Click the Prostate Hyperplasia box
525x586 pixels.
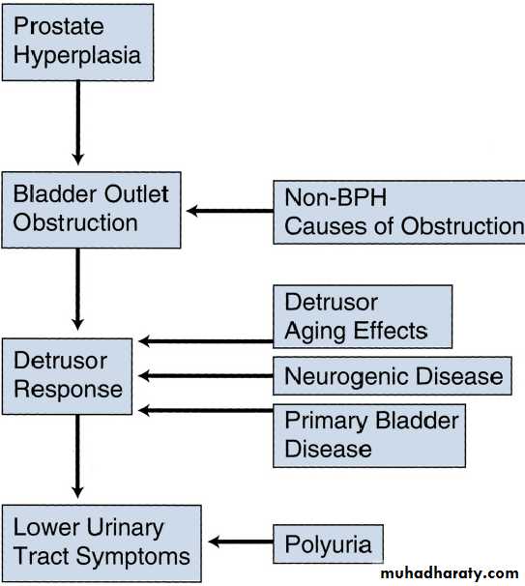pos(77,43)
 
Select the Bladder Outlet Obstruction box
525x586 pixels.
pos(91,210)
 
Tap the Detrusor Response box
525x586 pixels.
pos(67,376)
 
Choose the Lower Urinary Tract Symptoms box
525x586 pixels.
pos(102,543)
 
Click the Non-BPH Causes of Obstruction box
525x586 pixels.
pos(399,212)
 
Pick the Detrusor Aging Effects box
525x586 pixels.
pos(363,316)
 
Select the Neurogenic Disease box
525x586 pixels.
pos(393,375)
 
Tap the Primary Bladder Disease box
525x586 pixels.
pos(369,435)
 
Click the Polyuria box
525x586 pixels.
pos(328,543)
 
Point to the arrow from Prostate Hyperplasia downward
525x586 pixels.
pos(77,123)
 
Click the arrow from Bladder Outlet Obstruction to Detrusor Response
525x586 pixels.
pos(77,289)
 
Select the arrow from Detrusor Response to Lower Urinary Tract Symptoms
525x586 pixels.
pos(77,456)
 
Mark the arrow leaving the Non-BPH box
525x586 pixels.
pos(230,211)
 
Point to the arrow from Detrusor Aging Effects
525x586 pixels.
pos(206,340)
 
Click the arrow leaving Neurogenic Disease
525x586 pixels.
pos(206,375)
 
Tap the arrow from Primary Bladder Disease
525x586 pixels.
pos(206,410)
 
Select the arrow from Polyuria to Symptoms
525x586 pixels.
pos(241,542)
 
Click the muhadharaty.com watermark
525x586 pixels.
pos(450,573)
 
